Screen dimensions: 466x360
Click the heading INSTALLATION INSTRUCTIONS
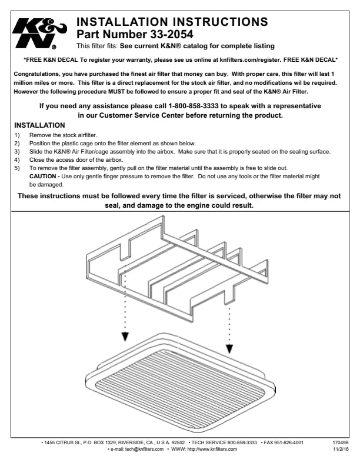[172, 22]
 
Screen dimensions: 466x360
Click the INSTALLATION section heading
[39, 125]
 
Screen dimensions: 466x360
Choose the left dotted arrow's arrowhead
[125, 336]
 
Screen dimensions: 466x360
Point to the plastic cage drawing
[176, 259]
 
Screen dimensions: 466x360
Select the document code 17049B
[341, 442]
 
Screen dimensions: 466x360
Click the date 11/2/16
[341, 449]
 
